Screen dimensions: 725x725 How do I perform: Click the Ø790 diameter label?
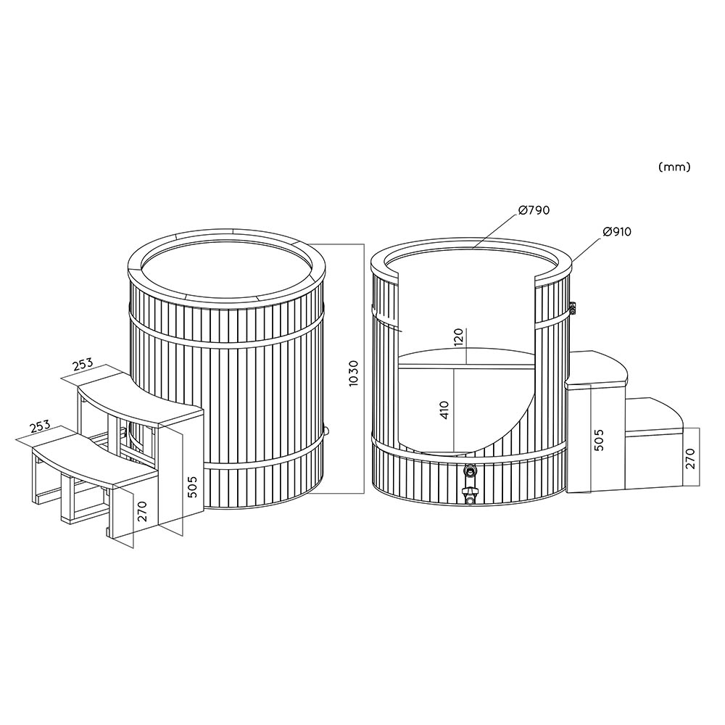pyautogui.click(x=534, y=210)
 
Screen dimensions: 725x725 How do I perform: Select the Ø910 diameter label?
pyautogui.click(x=617, y=231)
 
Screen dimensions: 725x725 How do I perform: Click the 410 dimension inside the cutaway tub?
pyautogui.click(x=444, y=410)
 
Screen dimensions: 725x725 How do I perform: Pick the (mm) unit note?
pyautogui.click(x=674, y=167)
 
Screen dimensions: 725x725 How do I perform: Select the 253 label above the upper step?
pyautogui.click(x=83, y=365)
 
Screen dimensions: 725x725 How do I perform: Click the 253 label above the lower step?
pyautogui.click(x=39, y=426)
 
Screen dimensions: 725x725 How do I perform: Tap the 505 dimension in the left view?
pyautogui.click(x=193, y=486)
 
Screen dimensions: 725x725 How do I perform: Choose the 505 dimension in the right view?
pyautogui.click(x=599, y=440)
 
